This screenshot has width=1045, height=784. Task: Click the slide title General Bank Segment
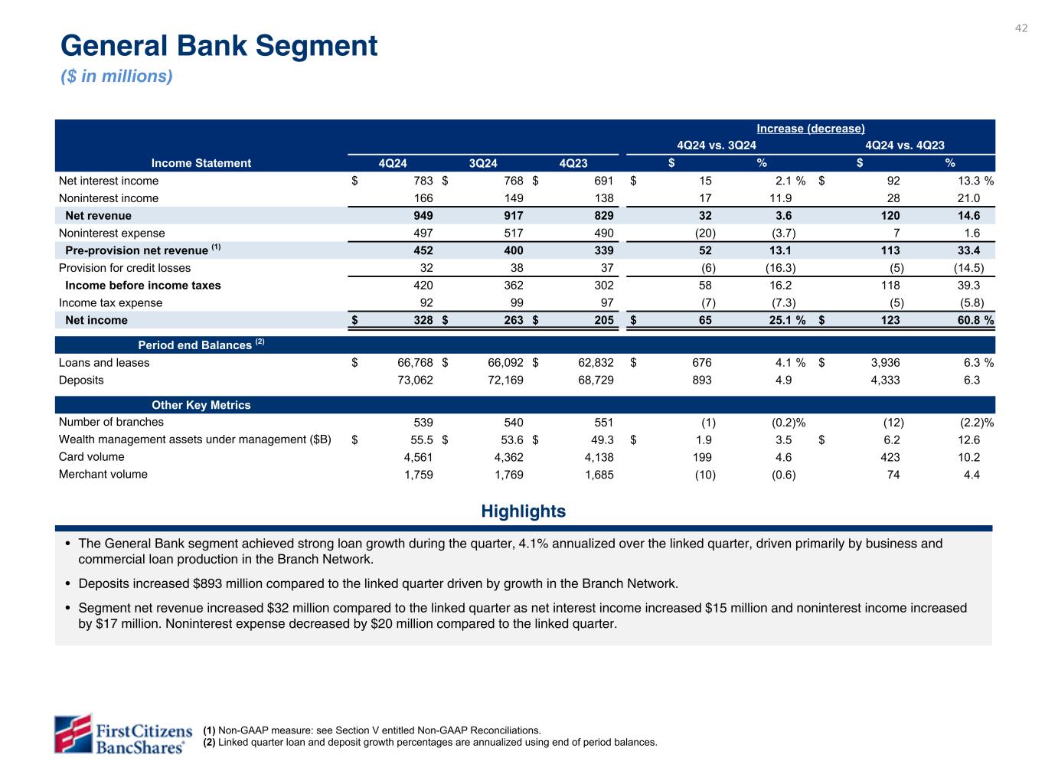tap(219, 46)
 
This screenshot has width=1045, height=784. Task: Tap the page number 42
tap(1021, 28)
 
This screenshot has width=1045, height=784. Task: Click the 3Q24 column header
tap(483, 163)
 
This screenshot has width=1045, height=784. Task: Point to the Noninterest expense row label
tap(112, 234)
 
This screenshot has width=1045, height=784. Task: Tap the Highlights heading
tap(524, 511)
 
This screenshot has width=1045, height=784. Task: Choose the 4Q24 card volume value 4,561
tap(417, 458)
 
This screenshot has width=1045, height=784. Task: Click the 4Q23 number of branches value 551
tap(602, 423)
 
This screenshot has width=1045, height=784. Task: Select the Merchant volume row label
tap(103, 475)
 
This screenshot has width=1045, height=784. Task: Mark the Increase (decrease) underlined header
tap(810, 129)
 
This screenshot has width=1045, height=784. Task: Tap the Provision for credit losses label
tap(125, 269)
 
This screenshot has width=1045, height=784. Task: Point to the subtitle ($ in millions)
tap(116, 77)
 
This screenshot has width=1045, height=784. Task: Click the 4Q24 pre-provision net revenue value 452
tap(422, 251)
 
